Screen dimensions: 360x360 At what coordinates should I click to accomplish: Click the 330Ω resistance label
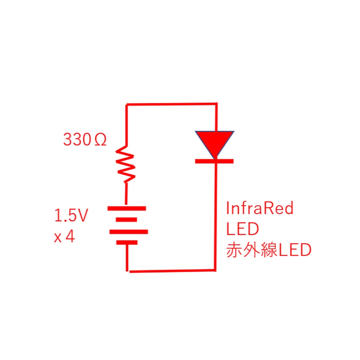[85, 140]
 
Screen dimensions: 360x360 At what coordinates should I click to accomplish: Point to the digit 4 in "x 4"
[70, 236]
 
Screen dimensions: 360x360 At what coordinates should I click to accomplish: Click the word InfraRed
[260, 208]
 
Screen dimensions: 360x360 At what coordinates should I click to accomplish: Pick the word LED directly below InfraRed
[242, 230]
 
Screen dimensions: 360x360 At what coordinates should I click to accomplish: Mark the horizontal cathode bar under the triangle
[214, 161]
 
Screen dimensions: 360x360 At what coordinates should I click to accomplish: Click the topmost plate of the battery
[126, 208]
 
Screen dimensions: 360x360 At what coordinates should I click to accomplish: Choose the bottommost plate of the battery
[127, 242]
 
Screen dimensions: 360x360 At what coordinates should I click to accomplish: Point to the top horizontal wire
[172, 104]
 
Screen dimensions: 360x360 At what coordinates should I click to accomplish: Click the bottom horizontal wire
[172, 271]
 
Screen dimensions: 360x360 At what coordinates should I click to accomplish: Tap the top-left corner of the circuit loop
[127, 105]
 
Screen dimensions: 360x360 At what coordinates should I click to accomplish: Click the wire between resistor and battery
[126, 194]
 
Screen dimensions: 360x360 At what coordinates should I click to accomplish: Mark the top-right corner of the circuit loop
[216, 104]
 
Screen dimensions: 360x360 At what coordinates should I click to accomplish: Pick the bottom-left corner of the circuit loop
[128, 271]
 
